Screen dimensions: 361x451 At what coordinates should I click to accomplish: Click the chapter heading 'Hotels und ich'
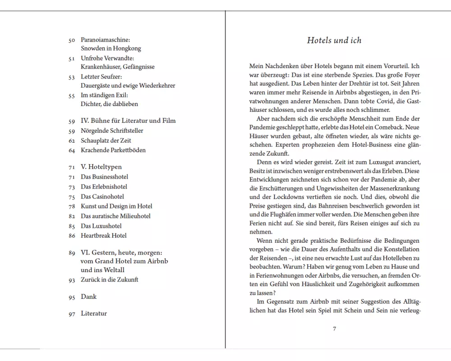pos(334,40)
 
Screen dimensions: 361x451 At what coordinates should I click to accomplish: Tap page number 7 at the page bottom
pos(334,329)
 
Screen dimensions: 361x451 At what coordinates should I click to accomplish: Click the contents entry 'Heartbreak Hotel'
pos(103,235)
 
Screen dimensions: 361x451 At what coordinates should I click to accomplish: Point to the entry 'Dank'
pos(88,296)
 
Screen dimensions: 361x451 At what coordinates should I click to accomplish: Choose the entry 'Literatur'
pos(94,313)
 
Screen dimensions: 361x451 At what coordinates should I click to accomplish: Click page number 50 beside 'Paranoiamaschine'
pos(72,40)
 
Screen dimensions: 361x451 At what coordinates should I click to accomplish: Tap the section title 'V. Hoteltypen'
pos(101,167)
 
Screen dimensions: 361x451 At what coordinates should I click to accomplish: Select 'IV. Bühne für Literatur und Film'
pos(128,120)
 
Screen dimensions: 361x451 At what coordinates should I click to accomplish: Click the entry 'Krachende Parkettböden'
pos(113,150)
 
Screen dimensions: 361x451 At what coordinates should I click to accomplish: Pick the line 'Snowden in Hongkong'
pos(110,48)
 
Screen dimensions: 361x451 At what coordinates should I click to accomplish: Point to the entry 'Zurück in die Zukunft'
pos(109,279)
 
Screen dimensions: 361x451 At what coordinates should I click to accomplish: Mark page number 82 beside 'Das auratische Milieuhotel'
pos(72,216)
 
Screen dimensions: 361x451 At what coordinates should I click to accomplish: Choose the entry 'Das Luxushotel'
pos(101,226)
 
